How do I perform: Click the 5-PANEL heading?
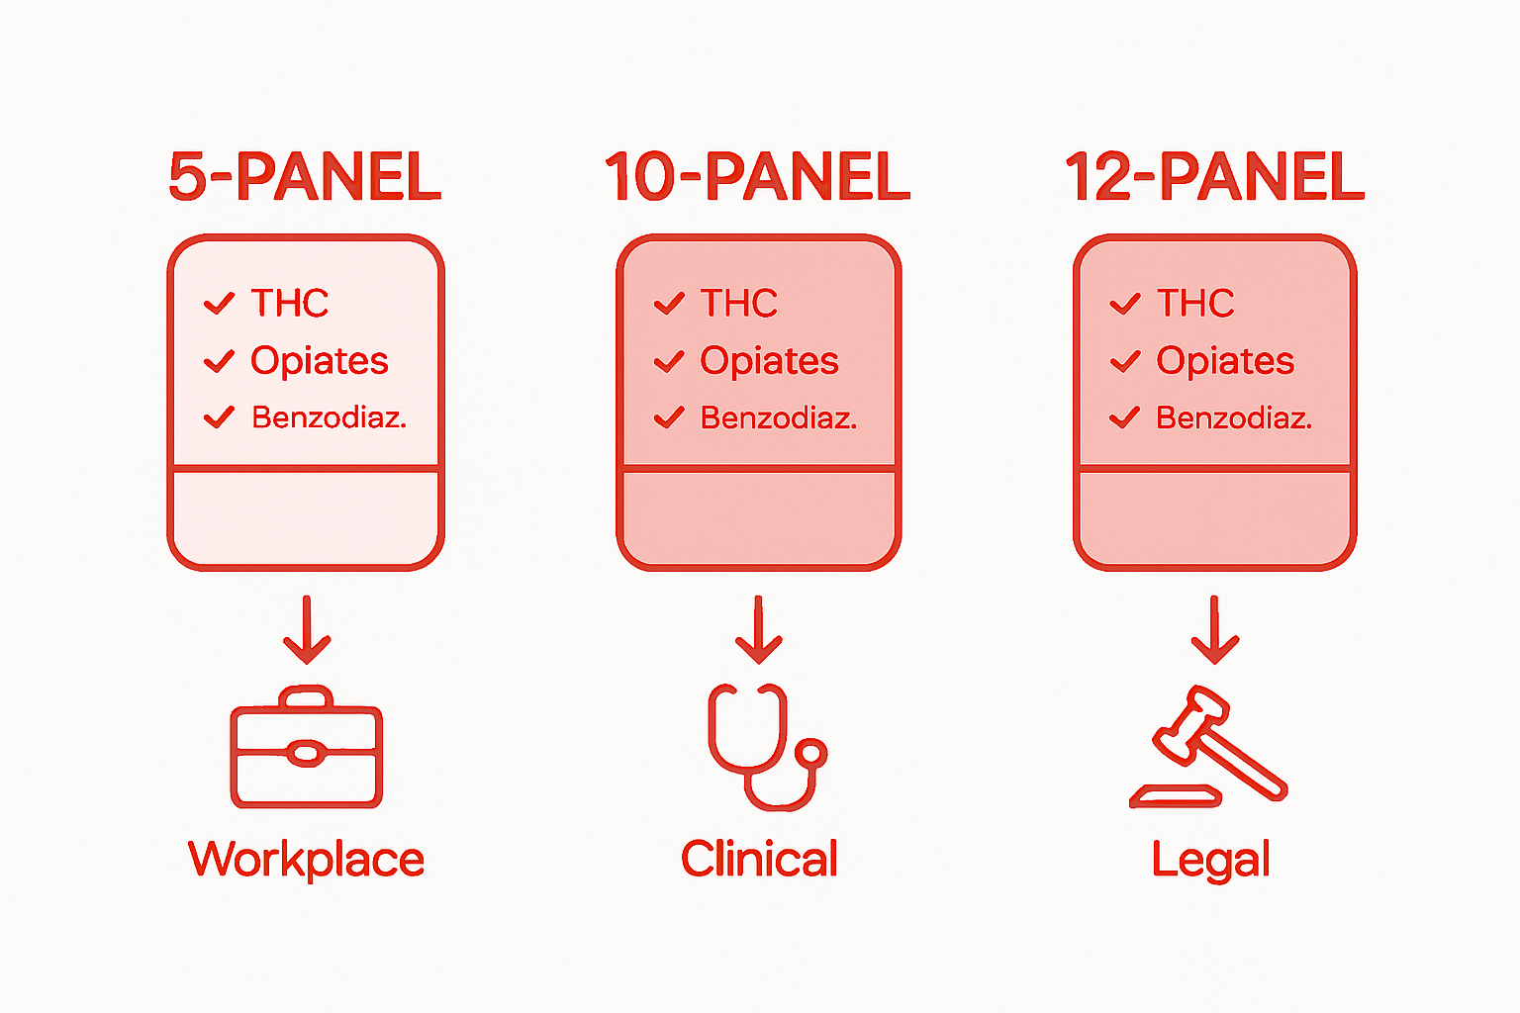pos(305,177)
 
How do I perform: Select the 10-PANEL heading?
pos(757,177)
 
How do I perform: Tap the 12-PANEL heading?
pos(1214,177)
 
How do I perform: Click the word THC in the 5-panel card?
pos(289,303)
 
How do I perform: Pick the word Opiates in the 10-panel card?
pos(769,361)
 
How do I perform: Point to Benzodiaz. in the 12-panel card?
pos(1234,418)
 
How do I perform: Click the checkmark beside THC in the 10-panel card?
pos(670,303)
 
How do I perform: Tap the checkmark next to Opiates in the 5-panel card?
pos(219,361)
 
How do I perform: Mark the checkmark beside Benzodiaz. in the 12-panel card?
pos(1125,418)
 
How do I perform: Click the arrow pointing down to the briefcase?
pos(307,630)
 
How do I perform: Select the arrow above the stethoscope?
pos(759,630)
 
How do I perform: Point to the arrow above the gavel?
pos(1214,630)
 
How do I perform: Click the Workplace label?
pos(306,860)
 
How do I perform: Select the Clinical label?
pos(759,859)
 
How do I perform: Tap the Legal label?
pos(1211,860)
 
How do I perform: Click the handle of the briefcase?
pos(307,696)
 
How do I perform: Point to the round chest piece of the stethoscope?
pos(811,754)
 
